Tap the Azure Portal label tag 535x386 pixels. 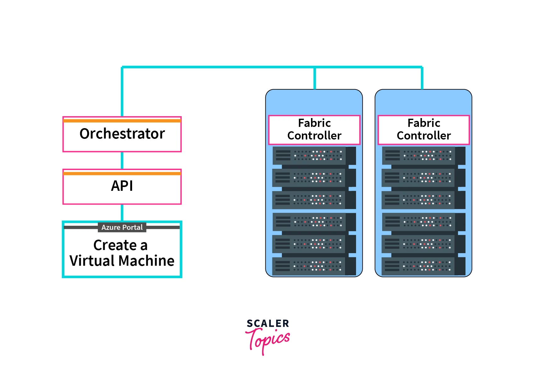click(x=122, y=227)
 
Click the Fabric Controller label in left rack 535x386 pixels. click(x=314, y=129)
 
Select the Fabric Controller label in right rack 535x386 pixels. click(x=424, y=129)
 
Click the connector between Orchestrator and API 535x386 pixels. click(x=122, y=161)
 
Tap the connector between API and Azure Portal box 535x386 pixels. click(x=122, y=213)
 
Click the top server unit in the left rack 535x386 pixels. click(x=310, y=156)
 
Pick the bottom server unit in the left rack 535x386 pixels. click(x=310, y=266)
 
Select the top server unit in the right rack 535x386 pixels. click(x=419, y=156)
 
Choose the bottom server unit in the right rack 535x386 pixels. click(x=419, y=266)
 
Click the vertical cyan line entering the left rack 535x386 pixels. click(x=315, y=79)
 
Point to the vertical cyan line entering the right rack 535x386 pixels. click(x=422, y=79)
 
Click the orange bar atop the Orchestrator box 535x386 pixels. click(x=122, y=121)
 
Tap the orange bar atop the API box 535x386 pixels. click(x=122, y=173)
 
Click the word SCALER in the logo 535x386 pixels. click(x=268, y=324)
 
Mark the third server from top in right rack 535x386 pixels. click(x=419, y=200)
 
